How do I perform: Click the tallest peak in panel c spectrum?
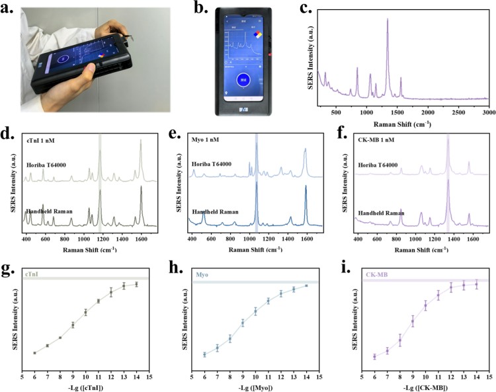[x=388, y=20]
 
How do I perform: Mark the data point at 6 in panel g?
[x=34, y=352]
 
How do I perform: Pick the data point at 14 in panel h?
[x=306, y=286]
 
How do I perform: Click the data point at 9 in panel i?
[x=413, y=322]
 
